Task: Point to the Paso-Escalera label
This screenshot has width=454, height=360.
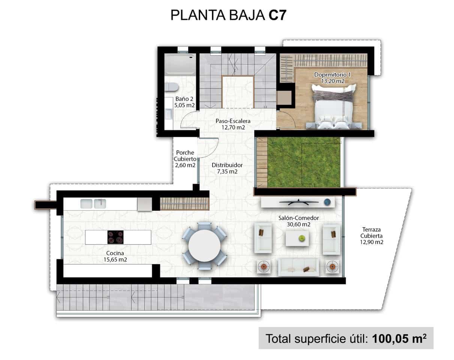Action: coord(233,121)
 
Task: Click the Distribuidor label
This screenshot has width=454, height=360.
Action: coord(227,165)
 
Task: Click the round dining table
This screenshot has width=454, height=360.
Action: coord(204,246)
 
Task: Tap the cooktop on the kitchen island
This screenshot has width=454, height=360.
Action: coord(115,237)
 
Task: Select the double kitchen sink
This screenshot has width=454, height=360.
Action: coord(93,204)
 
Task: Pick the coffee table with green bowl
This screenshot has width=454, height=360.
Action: coord(297,238)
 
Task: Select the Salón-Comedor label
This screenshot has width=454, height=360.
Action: coord(298,218)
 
